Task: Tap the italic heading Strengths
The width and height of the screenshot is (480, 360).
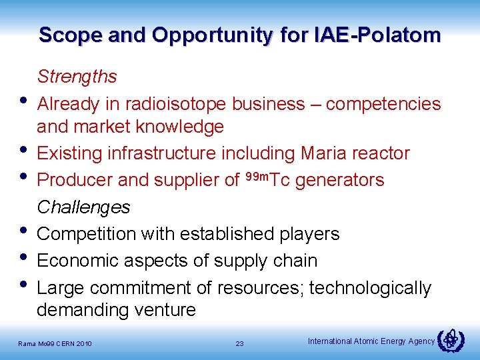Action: click(x=77, y=77)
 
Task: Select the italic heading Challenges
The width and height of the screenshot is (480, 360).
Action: click(x=83, y=207)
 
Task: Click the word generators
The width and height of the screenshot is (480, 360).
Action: click(x=340, y=180)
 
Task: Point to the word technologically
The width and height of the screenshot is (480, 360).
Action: click(x=370, y=288)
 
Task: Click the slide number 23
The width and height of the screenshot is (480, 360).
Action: click(x=240, y=344)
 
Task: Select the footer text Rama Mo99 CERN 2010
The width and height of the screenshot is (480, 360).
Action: click(x=56, y=344)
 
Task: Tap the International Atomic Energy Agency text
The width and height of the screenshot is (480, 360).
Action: click(x=371, y=341)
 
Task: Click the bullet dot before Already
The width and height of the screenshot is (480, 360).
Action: click(x=24, y=101)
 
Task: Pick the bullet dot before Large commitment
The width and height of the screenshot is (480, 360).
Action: click(x=24, y=285)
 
